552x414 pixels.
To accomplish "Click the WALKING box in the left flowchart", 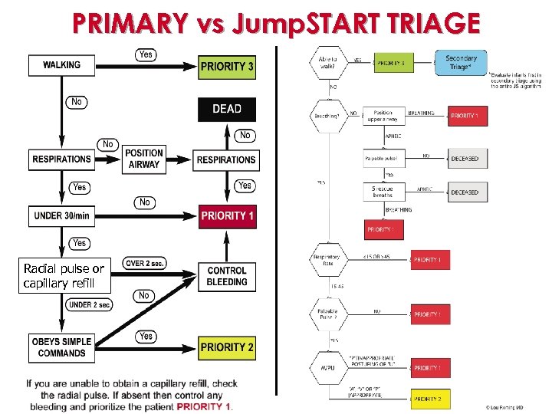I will click(x=61, y=65).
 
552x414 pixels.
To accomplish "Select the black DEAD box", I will click(x=226, y=109).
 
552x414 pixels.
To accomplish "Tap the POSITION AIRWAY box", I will click(x=144, y=159).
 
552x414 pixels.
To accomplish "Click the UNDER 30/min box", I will click(x=61, y=215).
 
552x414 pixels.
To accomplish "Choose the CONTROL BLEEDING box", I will click(x=227, y=276).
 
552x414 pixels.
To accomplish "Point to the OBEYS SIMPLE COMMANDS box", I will click(x=61, y=347).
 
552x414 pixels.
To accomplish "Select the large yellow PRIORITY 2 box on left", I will click(x=227, y=347).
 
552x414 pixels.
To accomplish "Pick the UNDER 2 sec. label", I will click(x=90, y=304).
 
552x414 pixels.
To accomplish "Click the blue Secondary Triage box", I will click(x=461, y=62).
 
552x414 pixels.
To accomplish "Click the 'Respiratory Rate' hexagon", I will click(x=327, y=260).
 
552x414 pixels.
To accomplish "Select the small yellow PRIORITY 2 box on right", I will click(x=430, y=399).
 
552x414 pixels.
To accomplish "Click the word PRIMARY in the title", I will click(x=130, y=24).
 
